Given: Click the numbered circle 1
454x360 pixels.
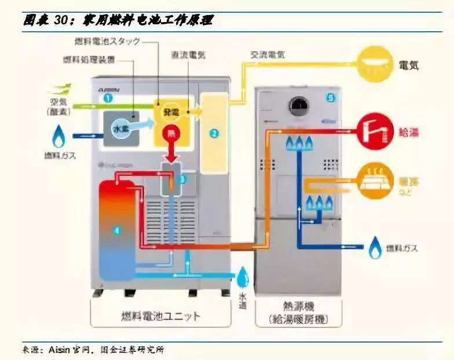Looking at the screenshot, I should (107, 98).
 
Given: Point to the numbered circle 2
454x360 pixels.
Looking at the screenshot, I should (214, 134).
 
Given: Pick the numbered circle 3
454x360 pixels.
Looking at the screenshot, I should (182, 179).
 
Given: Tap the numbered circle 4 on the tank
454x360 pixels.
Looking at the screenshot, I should (118, 231).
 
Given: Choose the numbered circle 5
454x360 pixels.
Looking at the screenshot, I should (330, 99).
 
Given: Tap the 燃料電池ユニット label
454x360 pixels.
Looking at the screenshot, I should (161, 316).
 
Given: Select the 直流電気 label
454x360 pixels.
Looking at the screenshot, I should (188, 55).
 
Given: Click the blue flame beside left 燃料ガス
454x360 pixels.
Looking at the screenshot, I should (58, 137).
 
